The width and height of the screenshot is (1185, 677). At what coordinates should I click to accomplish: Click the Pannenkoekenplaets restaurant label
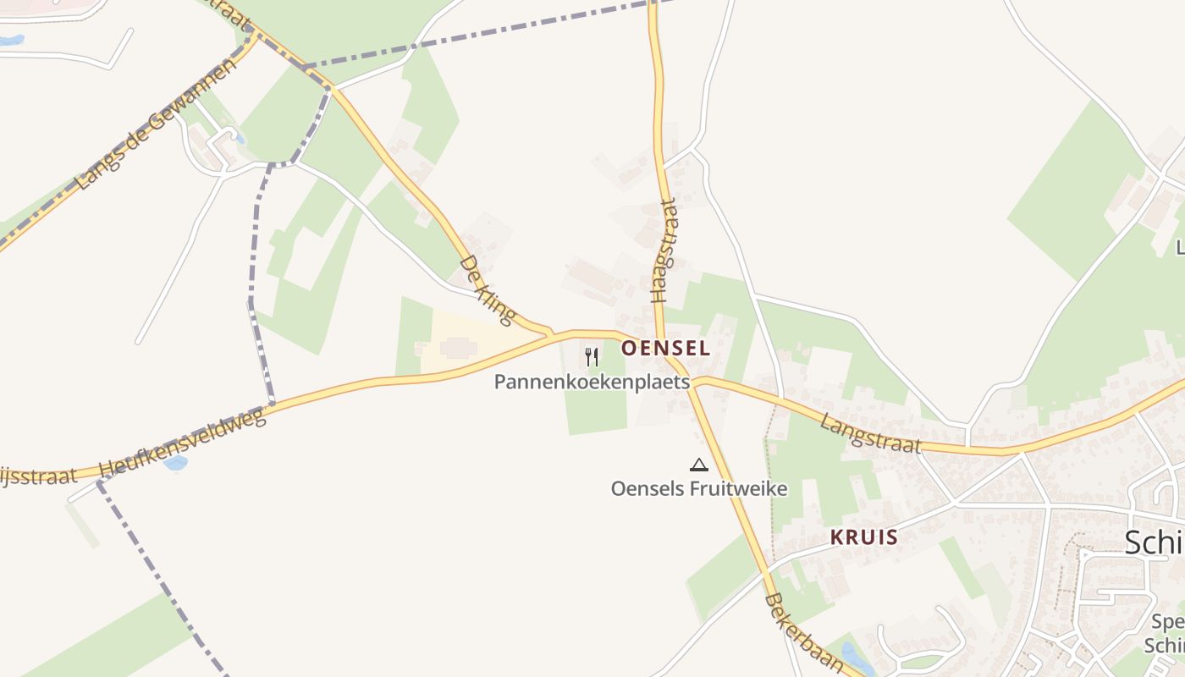pyautogui.click(x=592, y=383)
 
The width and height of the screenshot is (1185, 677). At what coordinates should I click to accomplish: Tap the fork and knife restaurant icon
pyautogui.click(x=592, y=357)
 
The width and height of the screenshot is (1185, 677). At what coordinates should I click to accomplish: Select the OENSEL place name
pyautogui.click(x=665, y=348)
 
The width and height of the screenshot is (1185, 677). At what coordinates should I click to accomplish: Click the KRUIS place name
pyautogui.click(x=863, y=537)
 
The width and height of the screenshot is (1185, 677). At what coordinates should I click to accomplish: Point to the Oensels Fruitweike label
pyautogui.click(x=699, y=489)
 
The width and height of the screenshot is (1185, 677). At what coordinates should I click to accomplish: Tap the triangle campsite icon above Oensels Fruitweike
pyautogui.click(x=698, y=464)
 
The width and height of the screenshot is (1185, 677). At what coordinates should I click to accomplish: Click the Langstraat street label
pyautogui.click(x=869, y=432)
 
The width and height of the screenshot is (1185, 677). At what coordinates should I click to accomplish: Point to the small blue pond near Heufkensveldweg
pyautogui.click(x=176, y=463)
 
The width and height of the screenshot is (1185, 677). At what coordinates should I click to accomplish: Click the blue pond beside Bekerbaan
pyautogui.click(x=856, y=654)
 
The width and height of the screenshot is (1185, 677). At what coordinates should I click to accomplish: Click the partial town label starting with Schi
pyautogui.click(x=1154, y=542)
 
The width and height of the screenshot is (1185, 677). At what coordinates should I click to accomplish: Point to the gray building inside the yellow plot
pyautogui.click(x=458, y=348)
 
